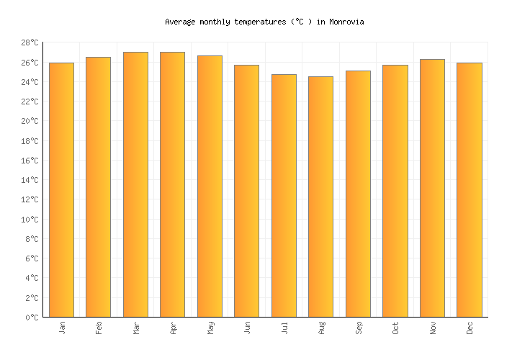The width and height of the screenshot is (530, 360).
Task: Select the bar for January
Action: (61, 190)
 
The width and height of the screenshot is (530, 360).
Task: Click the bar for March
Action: (135, 184)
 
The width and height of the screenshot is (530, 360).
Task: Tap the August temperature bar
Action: (320, 197)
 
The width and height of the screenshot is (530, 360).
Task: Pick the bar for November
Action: (432, 188)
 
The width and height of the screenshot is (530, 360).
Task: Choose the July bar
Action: (284, 196)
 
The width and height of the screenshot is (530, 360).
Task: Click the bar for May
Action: (210, 186)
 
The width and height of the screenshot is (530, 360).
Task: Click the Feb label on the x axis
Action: (99, 328)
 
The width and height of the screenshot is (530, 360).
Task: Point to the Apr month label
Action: (173, 328)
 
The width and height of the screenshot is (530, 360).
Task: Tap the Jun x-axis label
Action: (247, 328)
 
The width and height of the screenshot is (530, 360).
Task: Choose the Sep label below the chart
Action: (359, 328)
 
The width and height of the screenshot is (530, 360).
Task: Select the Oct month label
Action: (395, 328)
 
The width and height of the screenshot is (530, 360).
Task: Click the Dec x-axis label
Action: (470, 328)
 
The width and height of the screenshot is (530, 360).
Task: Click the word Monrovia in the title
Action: (346, 22)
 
